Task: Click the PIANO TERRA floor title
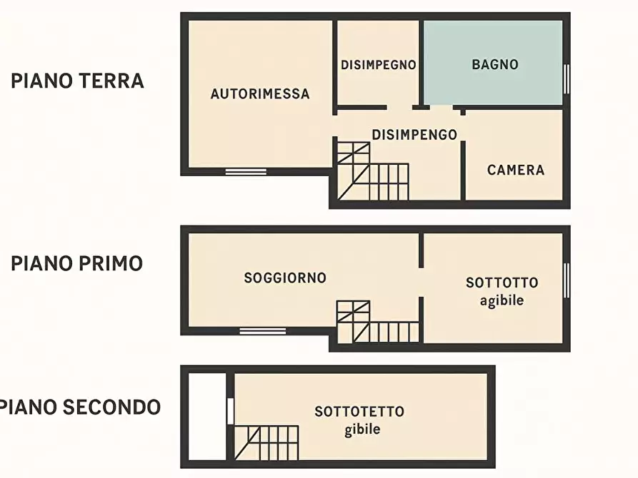(x=77, y=81)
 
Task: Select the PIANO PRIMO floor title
(x=76, y=263)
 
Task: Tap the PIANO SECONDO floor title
(x=80, y=407)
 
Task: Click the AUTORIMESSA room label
(x=260, y=93)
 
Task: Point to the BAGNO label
(x=494, y=64)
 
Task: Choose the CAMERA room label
(x=515, y=170)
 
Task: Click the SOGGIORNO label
(x=285, y=278)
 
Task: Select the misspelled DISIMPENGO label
(x=414, y=134)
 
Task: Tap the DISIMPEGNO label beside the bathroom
(x=378, y=64)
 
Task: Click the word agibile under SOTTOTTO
(x=502, y=300)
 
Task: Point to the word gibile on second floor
(x=362, y=429)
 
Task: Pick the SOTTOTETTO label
(x=359, y=412)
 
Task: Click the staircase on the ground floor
(x=372, y=171)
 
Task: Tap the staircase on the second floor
(x=265, y=442)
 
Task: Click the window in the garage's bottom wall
(x=246, y=171)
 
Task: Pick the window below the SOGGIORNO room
(x=262, y=331)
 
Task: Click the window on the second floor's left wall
(x=230, y=410)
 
